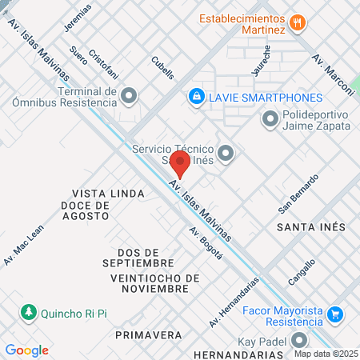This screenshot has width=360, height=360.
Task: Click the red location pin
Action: coord(180,164)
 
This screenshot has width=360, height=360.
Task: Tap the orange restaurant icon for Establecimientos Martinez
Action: coord(298,22)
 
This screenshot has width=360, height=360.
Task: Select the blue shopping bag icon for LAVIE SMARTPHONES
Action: coord(195,97)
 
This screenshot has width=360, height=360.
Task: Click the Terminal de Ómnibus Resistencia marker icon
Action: coord(130,97)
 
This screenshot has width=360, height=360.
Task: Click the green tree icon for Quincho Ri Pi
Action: coord(28,311)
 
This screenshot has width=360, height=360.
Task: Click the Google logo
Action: coord(27,350)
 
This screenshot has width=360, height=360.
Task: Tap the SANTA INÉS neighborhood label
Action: coord(311,228)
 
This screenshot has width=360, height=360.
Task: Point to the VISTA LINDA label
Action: coord(108,194)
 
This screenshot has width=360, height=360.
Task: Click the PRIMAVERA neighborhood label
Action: coord(148,334)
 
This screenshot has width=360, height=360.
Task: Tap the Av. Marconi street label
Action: coord(327,73)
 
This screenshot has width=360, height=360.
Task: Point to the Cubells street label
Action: coord(162,66)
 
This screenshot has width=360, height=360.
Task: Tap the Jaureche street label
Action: coord(260,59)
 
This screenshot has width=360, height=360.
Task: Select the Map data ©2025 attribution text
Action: coord(326,353)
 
